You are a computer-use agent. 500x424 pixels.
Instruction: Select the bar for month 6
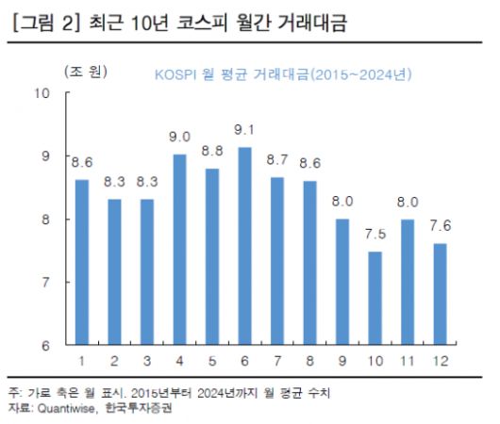(245, 247)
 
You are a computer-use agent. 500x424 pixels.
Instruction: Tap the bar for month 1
(82, 262)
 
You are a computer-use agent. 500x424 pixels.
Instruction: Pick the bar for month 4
(180, 250)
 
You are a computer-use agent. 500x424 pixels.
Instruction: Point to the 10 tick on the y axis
(41, 92)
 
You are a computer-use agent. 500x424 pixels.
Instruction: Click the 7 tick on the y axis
(44, 283)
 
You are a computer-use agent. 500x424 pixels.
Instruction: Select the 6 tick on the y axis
(44, 346)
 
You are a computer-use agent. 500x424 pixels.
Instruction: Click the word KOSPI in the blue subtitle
(175, 73)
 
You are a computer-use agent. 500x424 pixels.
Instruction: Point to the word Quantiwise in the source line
(68, 408)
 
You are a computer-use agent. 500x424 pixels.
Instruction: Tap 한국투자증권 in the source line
(145, 408)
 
